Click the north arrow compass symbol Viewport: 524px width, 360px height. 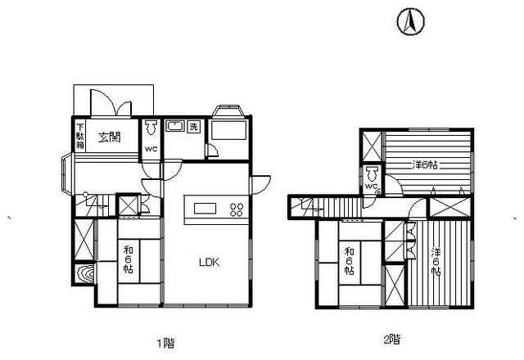(x=411, y=21)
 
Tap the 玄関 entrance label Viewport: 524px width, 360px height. (x=110, y=137)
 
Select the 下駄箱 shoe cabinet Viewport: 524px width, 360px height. (x=80, y=136)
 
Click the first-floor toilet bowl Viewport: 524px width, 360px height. (x=151, y=128)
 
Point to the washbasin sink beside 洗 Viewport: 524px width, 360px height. (x=175, y=126)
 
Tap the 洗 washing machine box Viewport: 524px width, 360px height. (x=193, y=127)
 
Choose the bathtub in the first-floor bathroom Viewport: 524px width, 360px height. (x=229, y=130)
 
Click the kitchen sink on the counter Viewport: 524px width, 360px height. (x=206, y=209)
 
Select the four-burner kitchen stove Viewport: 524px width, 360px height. (x=237, y=209)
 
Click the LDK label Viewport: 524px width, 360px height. (x=210, y=263)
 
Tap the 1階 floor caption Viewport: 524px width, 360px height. (x=165, y=343)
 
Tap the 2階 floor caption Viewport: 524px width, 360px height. (x=391, y=340)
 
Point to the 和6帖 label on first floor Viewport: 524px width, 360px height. (x=129, y=259)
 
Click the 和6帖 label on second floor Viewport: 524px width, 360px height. (x=350, y=261)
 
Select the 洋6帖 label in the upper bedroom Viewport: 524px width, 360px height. (x=425, y=165)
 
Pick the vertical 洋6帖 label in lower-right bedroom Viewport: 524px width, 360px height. (x=436, y=262)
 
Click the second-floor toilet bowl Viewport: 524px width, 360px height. (x=372, y=174)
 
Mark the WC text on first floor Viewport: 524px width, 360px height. (x=151, y=149)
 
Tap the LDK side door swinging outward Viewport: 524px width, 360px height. (x=260, y=185)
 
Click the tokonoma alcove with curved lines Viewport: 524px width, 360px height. (x=84, y=274)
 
